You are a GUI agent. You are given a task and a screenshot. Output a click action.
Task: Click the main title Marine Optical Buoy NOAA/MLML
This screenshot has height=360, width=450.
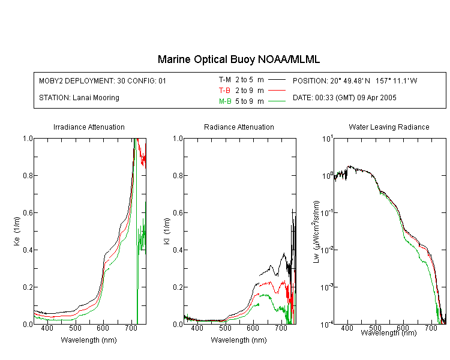(238, 59)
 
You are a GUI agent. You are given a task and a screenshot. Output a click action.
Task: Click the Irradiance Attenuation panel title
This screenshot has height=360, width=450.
(89, 127)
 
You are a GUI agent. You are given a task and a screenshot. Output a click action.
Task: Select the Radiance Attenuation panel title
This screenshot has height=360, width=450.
(239, 127)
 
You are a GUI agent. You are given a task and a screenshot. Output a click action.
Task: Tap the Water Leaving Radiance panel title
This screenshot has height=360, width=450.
(389, 127)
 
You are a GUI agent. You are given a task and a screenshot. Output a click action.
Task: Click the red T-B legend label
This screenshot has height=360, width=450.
(224, 91)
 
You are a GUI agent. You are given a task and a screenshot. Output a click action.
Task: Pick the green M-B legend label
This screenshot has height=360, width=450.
(225, 101)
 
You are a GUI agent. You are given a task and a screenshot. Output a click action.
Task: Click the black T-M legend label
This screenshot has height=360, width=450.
(225, 80)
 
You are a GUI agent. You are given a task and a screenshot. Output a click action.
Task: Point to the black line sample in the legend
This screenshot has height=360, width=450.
(277, 80)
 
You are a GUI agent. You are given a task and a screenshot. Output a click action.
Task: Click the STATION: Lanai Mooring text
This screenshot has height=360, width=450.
(79, 98)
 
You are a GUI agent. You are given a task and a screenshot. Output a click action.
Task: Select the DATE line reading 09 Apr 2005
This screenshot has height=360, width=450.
(344, 98)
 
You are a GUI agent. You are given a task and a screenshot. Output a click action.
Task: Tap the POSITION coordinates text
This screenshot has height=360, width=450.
(355, 80)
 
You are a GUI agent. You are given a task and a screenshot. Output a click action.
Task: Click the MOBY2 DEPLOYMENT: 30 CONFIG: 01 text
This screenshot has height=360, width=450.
(103, 80)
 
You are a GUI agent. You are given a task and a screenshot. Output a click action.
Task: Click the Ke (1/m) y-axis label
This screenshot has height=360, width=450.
(17, 231)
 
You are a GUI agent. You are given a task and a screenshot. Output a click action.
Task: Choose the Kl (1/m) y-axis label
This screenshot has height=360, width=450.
(167, 231)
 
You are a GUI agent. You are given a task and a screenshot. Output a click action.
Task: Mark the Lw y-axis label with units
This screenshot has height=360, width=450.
(316, 232)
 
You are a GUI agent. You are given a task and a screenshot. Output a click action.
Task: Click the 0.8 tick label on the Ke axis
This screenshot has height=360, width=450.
(28, 175)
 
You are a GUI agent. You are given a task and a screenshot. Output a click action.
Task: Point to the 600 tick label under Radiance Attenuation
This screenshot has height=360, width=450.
(253, 328)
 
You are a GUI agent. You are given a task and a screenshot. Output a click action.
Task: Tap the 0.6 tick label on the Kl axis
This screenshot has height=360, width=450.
(178, 213)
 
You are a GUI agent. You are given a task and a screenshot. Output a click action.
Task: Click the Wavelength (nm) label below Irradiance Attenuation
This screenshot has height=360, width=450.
(89, 340)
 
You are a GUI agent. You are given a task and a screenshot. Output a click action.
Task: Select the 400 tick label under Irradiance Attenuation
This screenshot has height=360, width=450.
(47, 328)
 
